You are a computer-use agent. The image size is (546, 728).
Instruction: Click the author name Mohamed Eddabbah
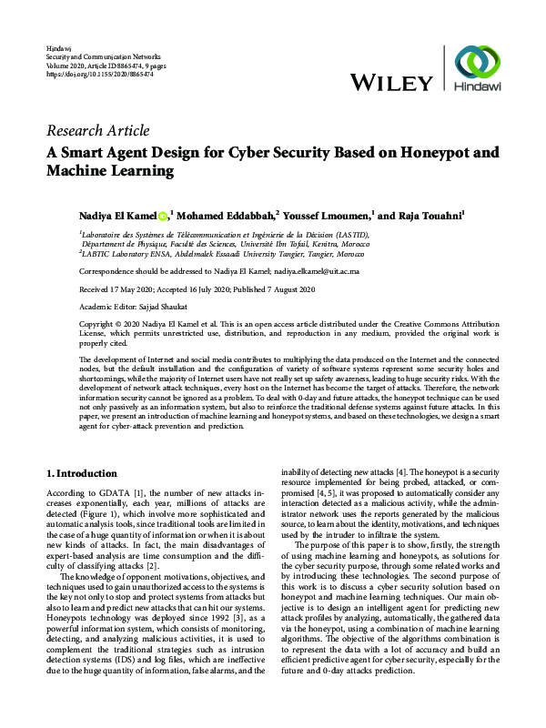225,217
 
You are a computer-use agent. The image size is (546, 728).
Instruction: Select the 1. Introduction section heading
81,474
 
